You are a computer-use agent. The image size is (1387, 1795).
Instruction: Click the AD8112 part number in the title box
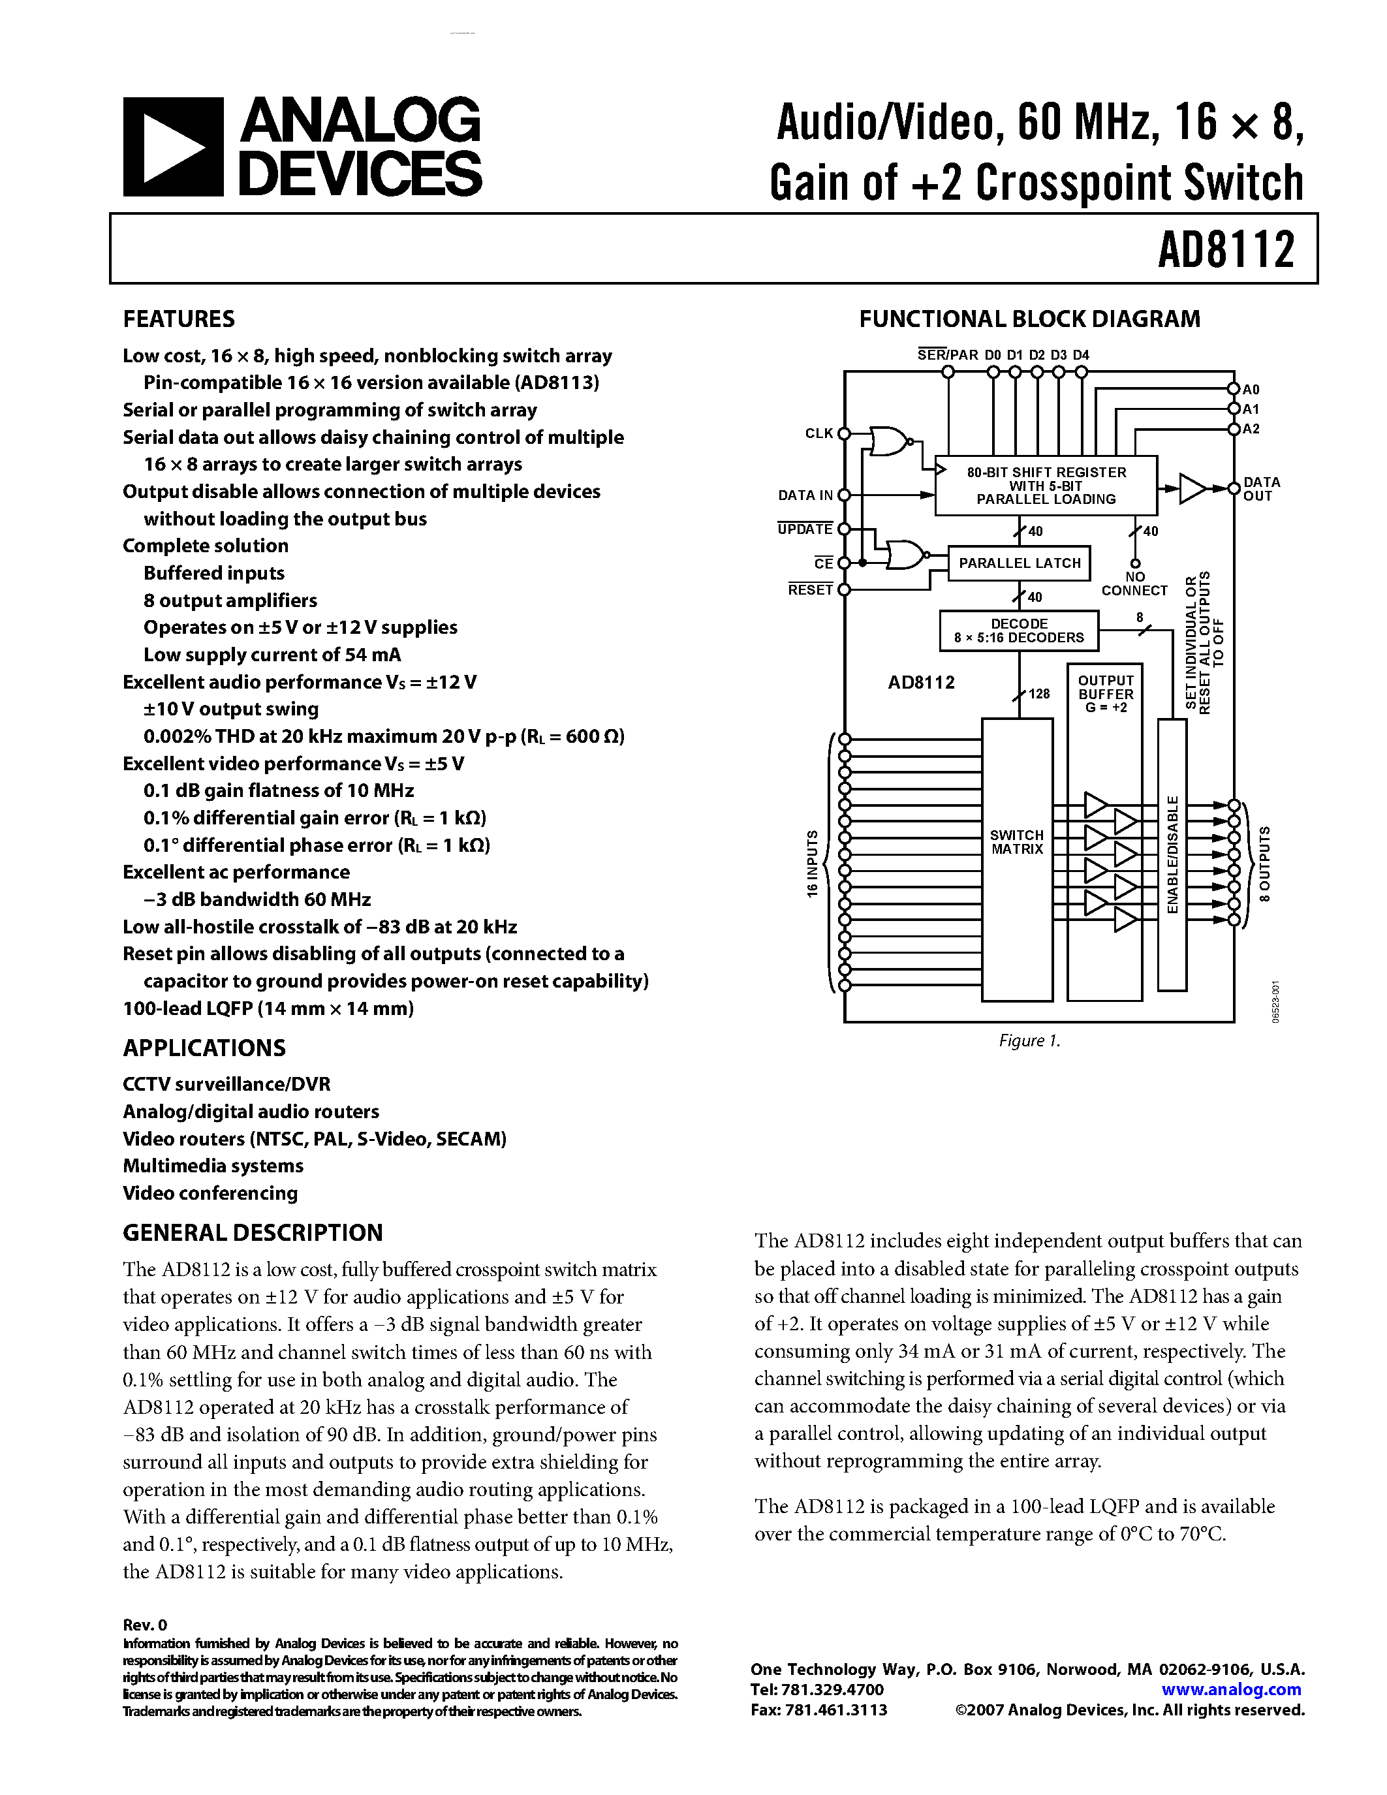(x=1225, y=249)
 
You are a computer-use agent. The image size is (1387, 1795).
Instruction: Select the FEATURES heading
(x=178, y=319)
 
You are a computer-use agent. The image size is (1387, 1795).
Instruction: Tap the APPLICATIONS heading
(x=204, y=1048)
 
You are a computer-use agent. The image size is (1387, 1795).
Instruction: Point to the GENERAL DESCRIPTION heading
(x=252, y=1233)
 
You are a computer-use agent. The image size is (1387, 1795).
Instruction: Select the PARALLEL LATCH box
(x=1019, y=563)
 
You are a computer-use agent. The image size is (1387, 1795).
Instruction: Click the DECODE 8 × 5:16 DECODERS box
(x=1019, y=631)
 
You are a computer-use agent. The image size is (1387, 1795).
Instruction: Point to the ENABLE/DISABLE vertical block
(x=1172, y=855)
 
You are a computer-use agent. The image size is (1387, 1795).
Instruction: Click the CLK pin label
(x=818, y=433)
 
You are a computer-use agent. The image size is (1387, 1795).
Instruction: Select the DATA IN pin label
(x=805, y=495)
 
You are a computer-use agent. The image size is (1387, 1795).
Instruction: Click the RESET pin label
(x=810, y=589)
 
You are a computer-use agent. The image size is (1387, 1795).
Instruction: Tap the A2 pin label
(x=1251, y=429)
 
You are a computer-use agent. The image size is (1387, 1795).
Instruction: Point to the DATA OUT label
(x=1261, y=489)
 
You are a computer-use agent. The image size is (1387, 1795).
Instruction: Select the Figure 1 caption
(x=1029, y=1040)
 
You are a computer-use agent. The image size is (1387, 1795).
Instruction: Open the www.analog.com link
(x=1231, y=1690)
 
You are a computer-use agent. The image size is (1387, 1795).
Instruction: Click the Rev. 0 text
(x=145, y=1625)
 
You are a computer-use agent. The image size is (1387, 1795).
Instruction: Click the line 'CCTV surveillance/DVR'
(x=226, y=1084)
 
